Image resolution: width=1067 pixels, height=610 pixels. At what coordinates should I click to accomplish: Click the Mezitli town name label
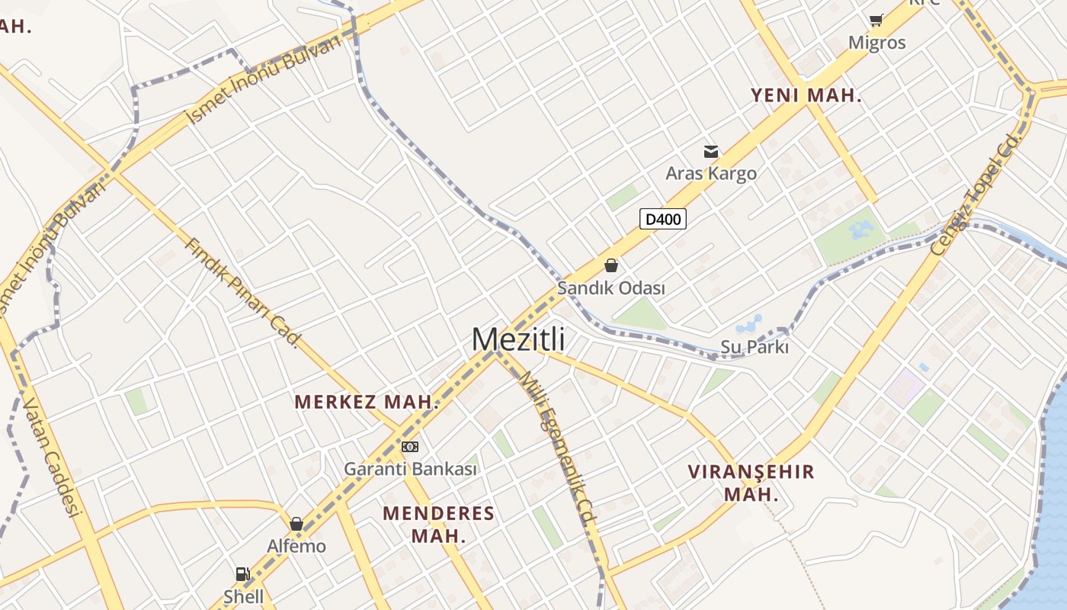(x=518, y=339)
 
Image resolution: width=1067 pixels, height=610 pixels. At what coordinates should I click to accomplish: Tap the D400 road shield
(x=662, y=220)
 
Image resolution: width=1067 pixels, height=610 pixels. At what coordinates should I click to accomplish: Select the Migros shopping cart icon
(x=876, y=20)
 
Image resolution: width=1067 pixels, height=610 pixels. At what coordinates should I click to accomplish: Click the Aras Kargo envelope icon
(x=711, y=152)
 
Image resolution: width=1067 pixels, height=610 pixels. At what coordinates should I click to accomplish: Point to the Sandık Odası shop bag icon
(x=610, y=265)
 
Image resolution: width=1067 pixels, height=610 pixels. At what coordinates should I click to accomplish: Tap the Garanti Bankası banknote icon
(x=410, y=447)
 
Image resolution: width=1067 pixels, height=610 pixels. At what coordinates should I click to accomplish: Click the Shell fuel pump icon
(x=242, y=574)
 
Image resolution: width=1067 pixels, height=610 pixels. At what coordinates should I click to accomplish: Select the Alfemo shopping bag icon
(x=296, y=525)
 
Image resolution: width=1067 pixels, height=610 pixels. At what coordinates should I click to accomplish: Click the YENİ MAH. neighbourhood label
(x=806, y=96)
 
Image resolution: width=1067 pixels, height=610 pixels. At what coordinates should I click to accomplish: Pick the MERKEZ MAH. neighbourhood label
(x=367, y=402)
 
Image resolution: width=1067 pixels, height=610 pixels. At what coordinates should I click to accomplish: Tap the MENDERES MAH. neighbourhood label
(x=438, y=524)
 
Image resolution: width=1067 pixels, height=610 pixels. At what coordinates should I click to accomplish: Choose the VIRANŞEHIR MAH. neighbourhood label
(x=751, y=483)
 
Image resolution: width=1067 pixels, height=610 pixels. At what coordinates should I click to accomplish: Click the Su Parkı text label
(x=755, y=347)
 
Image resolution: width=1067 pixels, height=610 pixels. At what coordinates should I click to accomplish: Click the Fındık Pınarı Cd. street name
(x=242, y=292)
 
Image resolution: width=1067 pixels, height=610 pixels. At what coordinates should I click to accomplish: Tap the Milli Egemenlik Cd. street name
(x=557, y=451)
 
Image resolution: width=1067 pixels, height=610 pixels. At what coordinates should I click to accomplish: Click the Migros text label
(x=877, y=43)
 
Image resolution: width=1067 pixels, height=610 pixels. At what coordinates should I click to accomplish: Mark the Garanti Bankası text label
(x=410, y=469)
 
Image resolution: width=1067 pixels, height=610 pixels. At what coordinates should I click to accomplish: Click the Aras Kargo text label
(x=711, y=173)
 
